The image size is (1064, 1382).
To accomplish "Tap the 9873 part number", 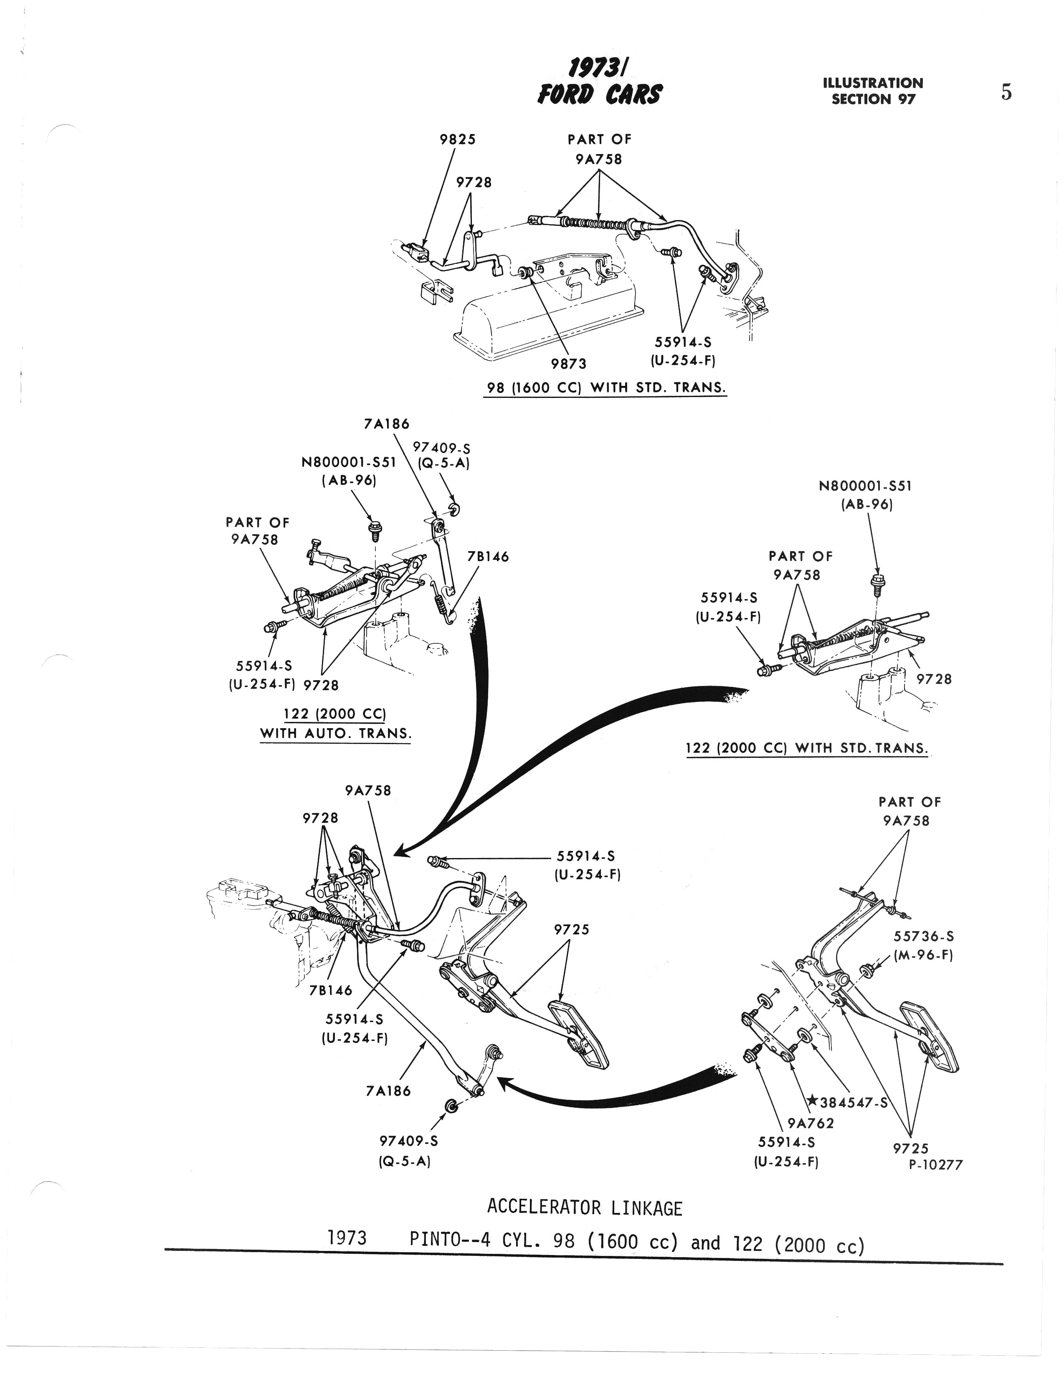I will tap(568, 363).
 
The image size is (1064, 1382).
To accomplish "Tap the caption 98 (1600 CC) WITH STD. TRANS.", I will tap(605, 387).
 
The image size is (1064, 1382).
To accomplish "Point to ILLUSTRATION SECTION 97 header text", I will tap(873, 91).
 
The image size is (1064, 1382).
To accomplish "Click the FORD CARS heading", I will tap(599, 95).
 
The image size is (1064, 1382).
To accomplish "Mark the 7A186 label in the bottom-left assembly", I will tap(388, 1090).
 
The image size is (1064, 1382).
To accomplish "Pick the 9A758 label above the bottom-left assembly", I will tap(368, 790).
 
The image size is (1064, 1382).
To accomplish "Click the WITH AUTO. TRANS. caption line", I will tap(335, 734).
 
